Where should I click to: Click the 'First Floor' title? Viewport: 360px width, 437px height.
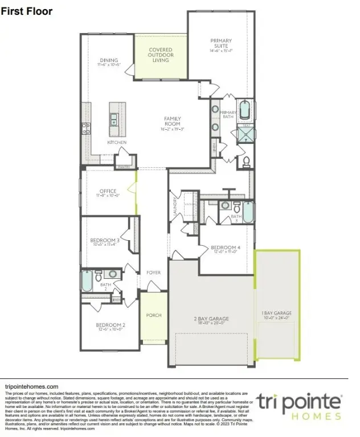point(27,11)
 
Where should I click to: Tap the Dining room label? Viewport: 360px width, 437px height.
point(109,60)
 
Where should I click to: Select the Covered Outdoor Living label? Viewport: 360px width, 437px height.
point(161,55)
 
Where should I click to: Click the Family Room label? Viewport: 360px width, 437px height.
point(172,121)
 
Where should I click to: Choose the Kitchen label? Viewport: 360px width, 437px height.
point(117,142)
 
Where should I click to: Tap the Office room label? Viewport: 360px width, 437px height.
point(108,191)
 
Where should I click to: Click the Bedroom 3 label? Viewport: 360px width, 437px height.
point(104,240)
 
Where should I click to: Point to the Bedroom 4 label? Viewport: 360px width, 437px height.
point(225,248)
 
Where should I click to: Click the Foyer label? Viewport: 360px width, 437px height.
point(153,273)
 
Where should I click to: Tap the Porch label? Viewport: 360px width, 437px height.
point(154,315)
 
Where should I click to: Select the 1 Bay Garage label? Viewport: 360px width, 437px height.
point(277,313)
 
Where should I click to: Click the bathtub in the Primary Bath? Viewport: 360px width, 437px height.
point(244,110)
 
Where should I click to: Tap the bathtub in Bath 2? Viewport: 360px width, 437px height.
point(87,281)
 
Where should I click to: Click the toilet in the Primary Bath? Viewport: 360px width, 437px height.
point(246,162)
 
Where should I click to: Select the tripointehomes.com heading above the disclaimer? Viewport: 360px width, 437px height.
point(31,386)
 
